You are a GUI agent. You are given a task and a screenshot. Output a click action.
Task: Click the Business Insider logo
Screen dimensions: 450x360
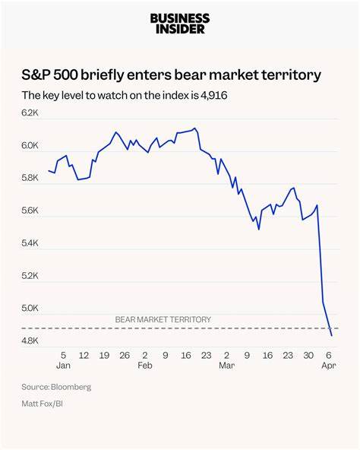[180, 24]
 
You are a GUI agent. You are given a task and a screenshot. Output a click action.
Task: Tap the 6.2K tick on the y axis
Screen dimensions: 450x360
[30, 112]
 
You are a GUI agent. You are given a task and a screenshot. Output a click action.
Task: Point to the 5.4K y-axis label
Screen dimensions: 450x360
[30, 243]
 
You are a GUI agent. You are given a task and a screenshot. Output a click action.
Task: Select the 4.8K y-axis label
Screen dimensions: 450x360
[30, 341]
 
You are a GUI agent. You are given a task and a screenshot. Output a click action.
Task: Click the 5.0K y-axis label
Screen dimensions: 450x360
[30, 309]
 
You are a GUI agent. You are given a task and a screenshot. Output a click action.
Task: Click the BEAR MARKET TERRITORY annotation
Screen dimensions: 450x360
[163, 320]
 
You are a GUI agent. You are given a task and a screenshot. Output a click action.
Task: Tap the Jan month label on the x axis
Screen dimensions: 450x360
[63, 365]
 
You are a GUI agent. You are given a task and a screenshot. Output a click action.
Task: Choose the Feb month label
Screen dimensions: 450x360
[145, 365]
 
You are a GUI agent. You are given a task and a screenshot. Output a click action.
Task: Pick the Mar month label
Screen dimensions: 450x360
[226, 365]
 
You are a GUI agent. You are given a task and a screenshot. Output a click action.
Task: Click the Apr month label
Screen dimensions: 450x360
[329, 365]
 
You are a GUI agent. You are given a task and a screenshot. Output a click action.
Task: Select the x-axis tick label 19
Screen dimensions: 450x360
[104, 354]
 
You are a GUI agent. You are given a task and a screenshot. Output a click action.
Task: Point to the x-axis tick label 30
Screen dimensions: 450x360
[308, 354]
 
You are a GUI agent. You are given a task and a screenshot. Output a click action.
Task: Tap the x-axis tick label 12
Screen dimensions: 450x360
[84, 354]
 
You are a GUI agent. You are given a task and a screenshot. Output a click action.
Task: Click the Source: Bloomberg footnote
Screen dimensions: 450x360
[55, 387]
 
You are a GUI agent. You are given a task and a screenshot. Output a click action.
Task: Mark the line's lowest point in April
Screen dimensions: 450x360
[331, 335]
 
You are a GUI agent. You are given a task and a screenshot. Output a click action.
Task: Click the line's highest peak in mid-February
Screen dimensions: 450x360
[196, 128]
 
